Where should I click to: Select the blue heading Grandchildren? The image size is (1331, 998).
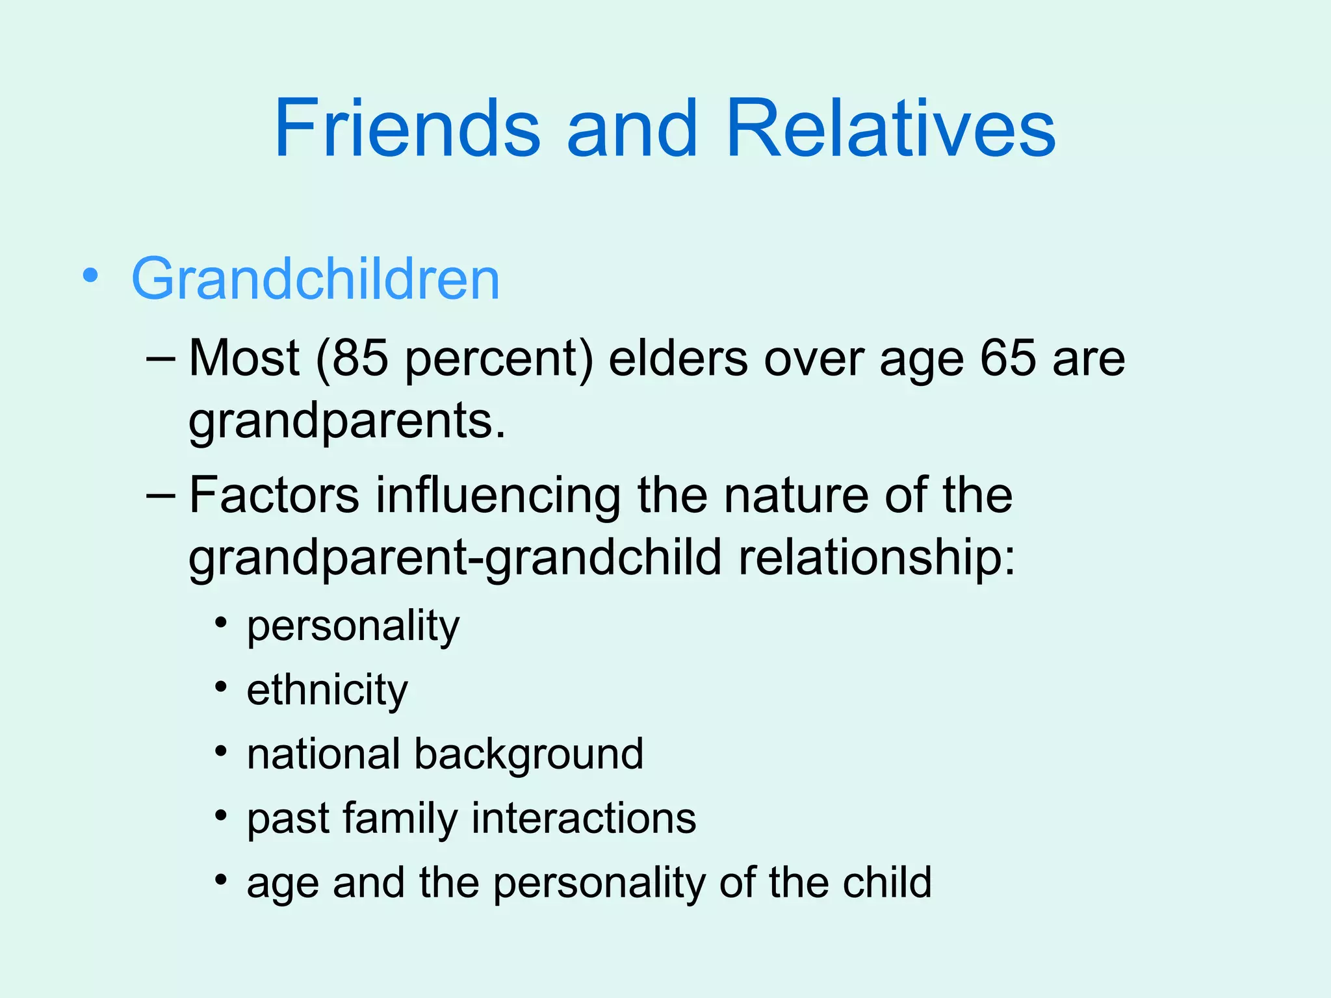(316, 279)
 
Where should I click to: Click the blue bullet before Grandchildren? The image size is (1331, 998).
(90, 275)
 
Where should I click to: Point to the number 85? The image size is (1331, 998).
(360, 359)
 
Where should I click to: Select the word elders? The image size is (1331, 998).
(678, 359)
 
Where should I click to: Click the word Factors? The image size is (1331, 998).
(274, 495)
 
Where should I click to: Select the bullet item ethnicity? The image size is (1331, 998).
(327, 690)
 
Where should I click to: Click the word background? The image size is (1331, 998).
(528, 754)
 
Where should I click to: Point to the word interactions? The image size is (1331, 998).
(584, 817)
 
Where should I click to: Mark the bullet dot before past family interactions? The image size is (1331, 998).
(222, 815)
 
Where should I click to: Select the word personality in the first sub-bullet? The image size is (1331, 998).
(353, 626)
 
